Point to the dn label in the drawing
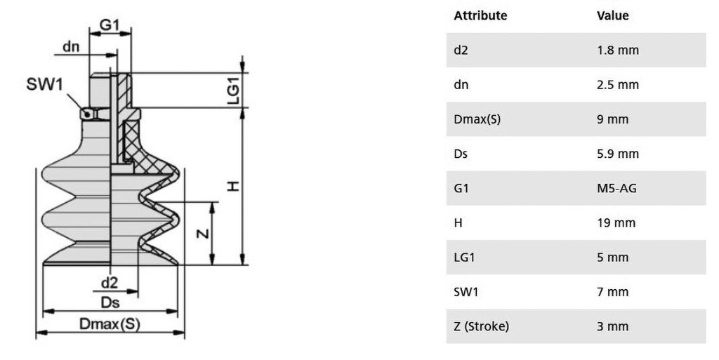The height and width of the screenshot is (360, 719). [71, 47]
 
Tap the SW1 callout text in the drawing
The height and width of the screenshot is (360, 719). [44, 84]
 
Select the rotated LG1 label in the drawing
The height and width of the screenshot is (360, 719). [234, 91]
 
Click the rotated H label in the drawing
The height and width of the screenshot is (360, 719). [234, 187]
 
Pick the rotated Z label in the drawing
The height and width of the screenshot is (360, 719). [202, 234]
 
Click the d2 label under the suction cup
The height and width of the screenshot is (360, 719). [109, 283]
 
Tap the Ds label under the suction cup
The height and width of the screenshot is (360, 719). [110, 302]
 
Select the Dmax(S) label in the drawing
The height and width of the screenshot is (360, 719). [110, 324]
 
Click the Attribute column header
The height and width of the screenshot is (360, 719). [480, 15]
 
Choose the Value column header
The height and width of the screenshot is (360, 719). [612, 15]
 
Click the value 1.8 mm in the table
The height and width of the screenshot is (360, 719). [618, 50]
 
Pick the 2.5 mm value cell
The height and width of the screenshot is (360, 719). [618, 85]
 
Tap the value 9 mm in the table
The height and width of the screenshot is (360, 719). [612, 119]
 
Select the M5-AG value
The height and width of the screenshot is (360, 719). [616, 188]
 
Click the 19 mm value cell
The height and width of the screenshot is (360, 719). [616, 223]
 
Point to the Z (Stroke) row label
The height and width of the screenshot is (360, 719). [482, 326]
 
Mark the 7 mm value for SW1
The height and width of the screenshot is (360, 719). [612, 292]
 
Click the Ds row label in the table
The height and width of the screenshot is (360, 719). [461, 154]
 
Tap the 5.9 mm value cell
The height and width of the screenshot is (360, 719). [618, 154]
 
